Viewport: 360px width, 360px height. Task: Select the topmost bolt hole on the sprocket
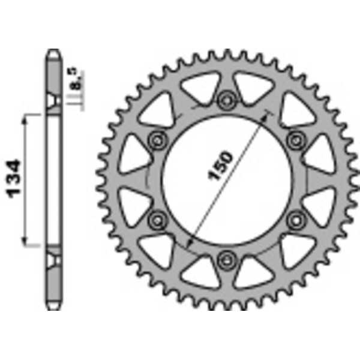click(x=226, y=100)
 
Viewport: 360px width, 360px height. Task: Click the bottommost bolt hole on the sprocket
click(x=226, y=259)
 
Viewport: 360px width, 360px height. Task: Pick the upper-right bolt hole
click(x=295, y=140)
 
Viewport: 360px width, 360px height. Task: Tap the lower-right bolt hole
click(x=295, y=220)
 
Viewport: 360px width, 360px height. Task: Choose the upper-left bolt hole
click(x=158, y=140)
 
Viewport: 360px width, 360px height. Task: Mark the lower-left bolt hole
click(x=158, y=220)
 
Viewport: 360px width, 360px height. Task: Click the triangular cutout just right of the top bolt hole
click(x=253, y=87)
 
